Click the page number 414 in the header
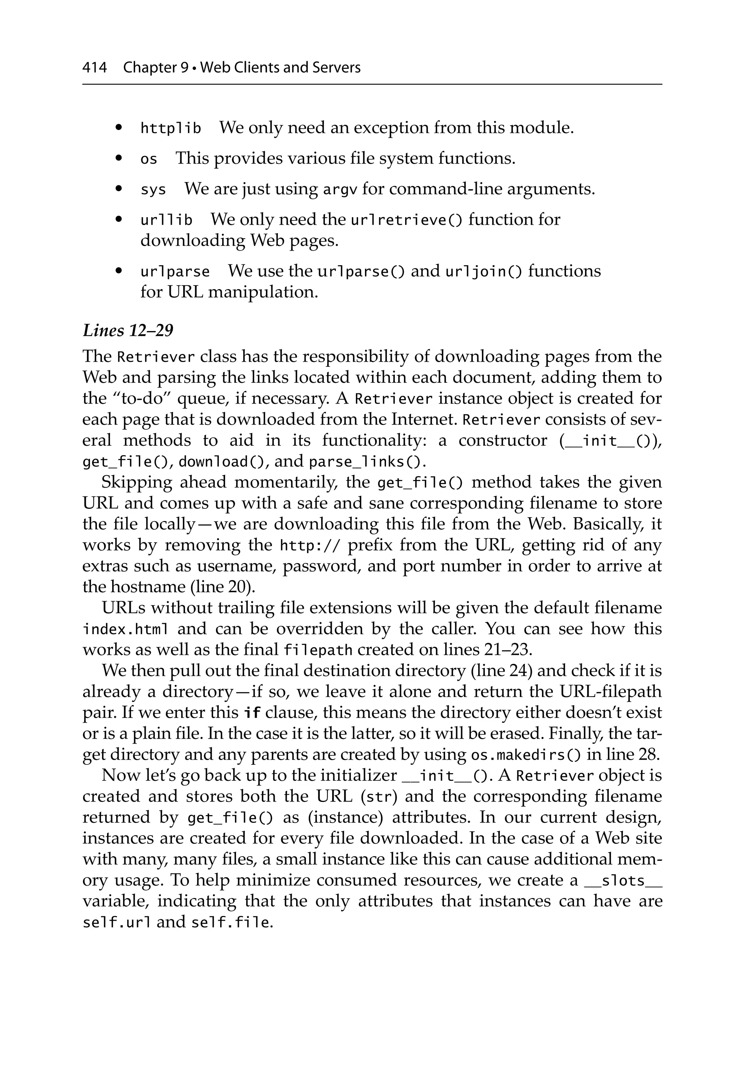94,68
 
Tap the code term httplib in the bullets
170,128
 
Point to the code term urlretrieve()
406,220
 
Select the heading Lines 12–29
128,330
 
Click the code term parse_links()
368,462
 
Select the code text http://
310,545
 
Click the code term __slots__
623,881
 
